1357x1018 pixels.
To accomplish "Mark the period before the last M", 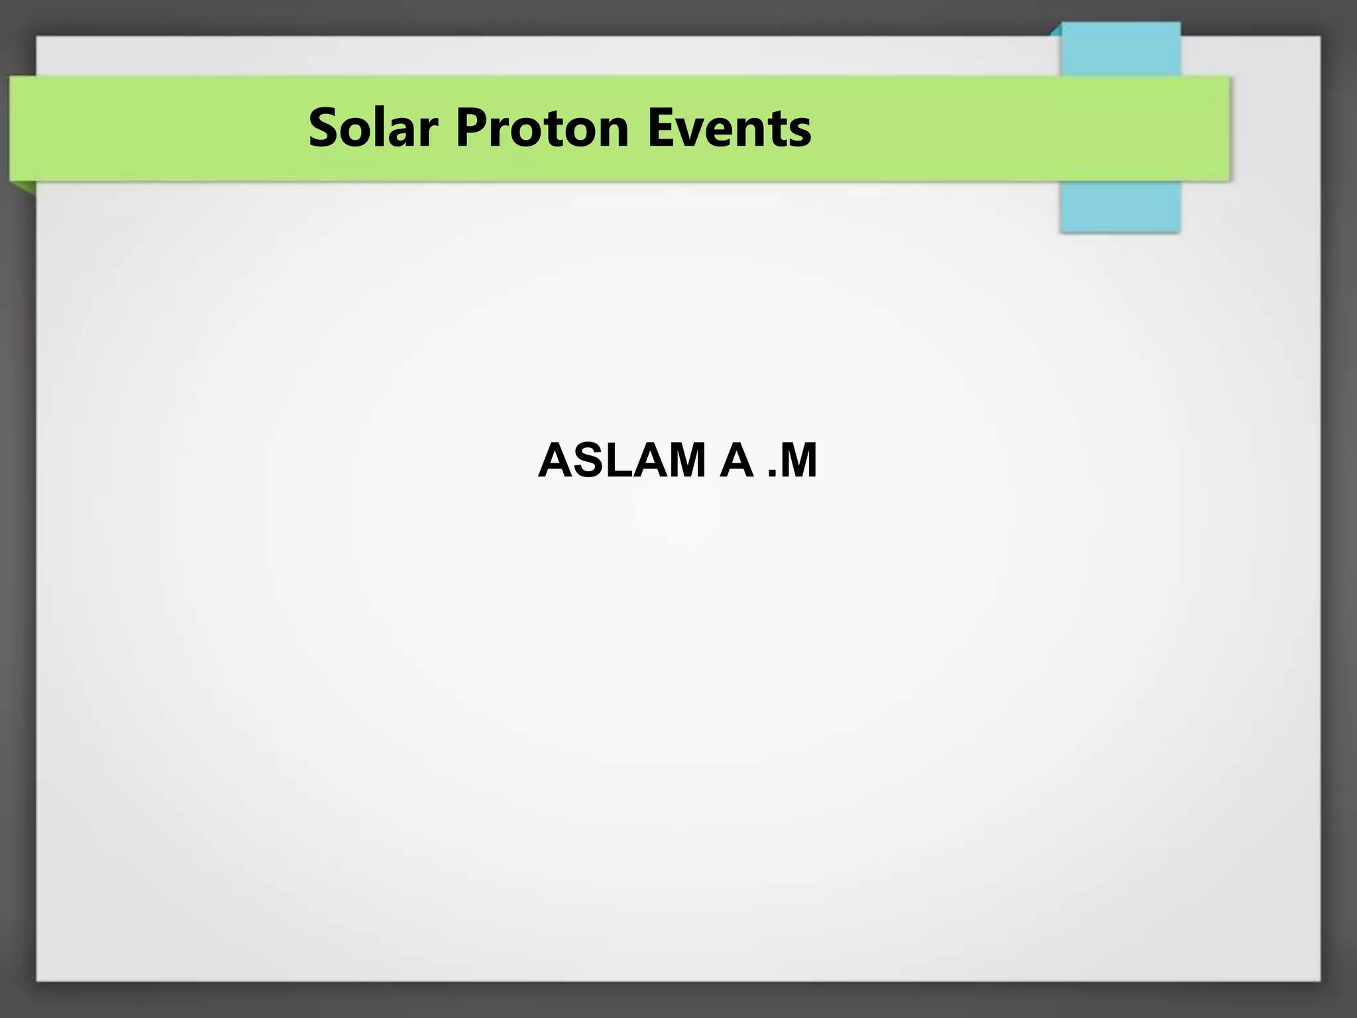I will click(x=771, y=474).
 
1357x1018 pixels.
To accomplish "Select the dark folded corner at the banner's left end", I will click(x=23, y=188).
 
